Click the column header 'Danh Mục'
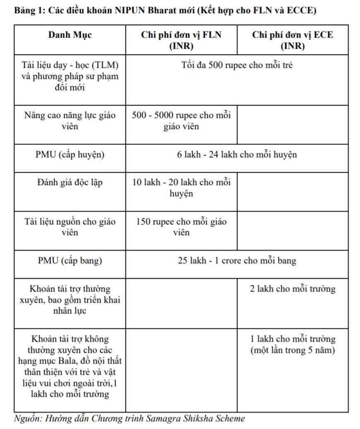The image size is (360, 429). pos(70,35)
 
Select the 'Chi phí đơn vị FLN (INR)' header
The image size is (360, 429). pos(181,40)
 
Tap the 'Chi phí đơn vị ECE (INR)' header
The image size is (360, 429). pos(292,40)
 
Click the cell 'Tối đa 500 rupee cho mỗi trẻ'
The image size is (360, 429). pos(237,65)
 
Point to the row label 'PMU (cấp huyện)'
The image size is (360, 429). pos(70,155)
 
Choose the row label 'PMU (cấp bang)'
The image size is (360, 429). pos(70,261)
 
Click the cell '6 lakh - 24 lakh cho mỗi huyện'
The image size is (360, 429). pos(237,155)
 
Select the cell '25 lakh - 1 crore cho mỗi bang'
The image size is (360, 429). pos(237,261)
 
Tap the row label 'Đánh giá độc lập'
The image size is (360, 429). pos(70,182)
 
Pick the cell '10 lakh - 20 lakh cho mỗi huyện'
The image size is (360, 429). pos(181,188)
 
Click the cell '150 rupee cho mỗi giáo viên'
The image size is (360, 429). pos(181,227)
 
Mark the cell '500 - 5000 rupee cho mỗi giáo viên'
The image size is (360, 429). pos(181,121)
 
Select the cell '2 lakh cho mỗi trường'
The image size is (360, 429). pos(292,289)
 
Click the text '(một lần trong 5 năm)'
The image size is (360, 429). pos(292,350)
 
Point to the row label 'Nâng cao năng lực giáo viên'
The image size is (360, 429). pos(70,121)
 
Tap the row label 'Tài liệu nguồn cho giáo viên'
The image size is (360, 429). pos(70,227)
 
